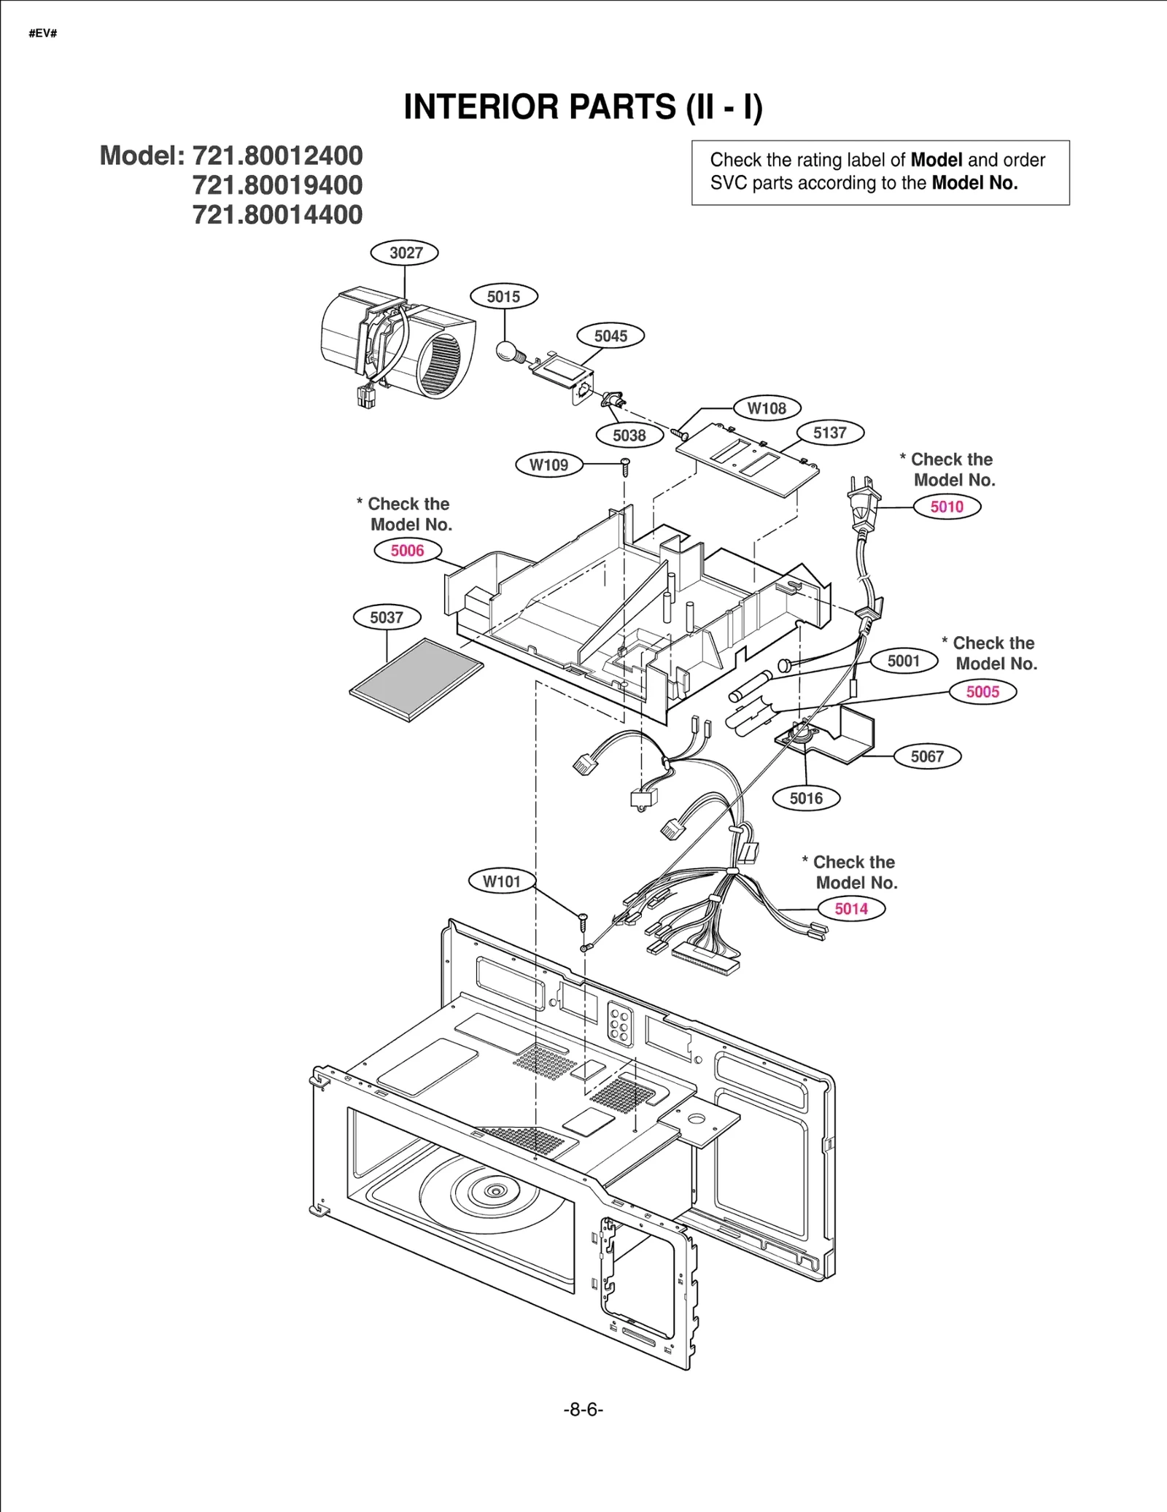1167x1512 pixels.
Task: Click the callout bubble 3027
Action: click(405, 253)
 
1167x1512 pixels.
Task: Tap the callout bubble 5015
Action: click(503, 297)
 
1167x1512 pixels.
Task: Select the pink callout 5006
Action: click(407, 551)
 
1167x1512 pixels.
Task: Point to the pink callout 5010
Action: click(947, 507)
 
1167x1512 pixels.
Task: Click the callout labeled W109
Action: click(548, 465)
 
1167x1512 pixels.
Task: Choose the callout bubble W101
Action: click(502, 881)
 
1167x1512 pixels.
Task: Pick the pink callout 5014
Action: click(851, 909)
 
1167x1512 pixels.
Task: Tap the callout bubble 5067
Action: click(927, 756)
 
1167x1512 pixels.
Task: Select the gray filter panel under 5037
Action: click(416, 680)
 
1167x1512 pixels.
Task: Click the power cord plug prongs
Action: click(860, 489)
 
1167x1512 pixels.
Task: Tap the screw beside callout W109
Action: click(625, 466)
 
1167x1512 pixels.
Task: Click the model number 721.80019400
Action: click(277, 185)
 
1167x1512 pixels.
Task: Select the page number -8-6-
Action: click(583, 1409)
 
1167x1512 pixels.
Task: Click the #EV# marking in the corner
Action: click(42, 34)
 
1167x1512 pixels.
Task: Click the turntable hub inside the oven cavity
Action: click(495, 1191)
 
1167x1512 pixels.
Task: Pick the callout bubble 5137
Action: click(829, 433)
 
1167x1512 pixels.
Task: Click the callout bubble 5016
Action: click(806, 798)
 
